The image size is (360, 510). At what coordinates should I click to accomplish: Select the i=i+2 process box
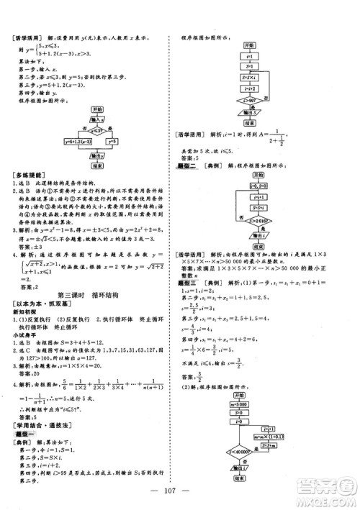point(251,88)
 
